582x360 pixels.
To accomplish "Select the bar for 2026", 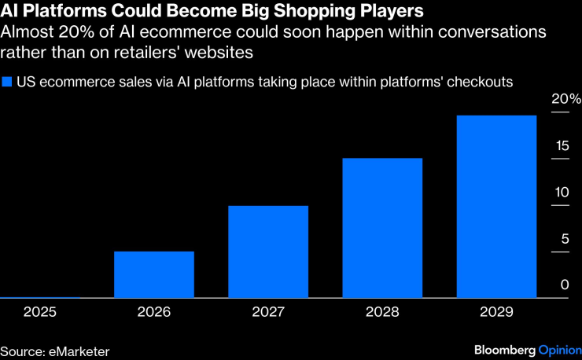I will point(154,275).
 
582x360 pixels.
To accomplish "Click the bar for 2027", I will point(268,252).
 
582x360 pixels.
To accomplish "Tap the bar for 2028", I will point(382,229).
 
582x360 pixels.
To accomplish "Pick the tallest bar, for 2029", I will point(496,207).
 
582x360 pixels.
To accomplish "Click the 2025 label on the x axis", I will point(40,312).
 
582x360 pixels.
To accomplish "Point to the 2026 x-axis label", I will point(154,312).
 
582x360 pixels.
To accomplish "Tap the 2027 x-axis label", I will point(268,312).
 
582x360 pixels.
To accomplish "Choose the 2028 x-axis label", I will point(382,312).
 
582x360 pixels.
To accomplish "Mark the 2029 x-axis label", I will point(496,312).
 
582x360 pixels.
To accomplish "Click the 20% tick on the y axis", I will point(565,100).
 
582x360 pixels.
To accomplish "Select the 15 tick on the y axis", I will point(560,146).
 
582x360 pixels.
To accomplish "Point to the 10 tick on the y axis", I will point(560,193).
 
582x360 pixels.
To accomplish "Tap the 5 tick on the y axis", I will point(565,239).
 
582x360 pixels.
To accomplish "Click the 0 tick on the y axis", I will point(565,285).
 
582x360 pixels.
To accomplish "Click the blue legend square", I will point(8,81).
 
